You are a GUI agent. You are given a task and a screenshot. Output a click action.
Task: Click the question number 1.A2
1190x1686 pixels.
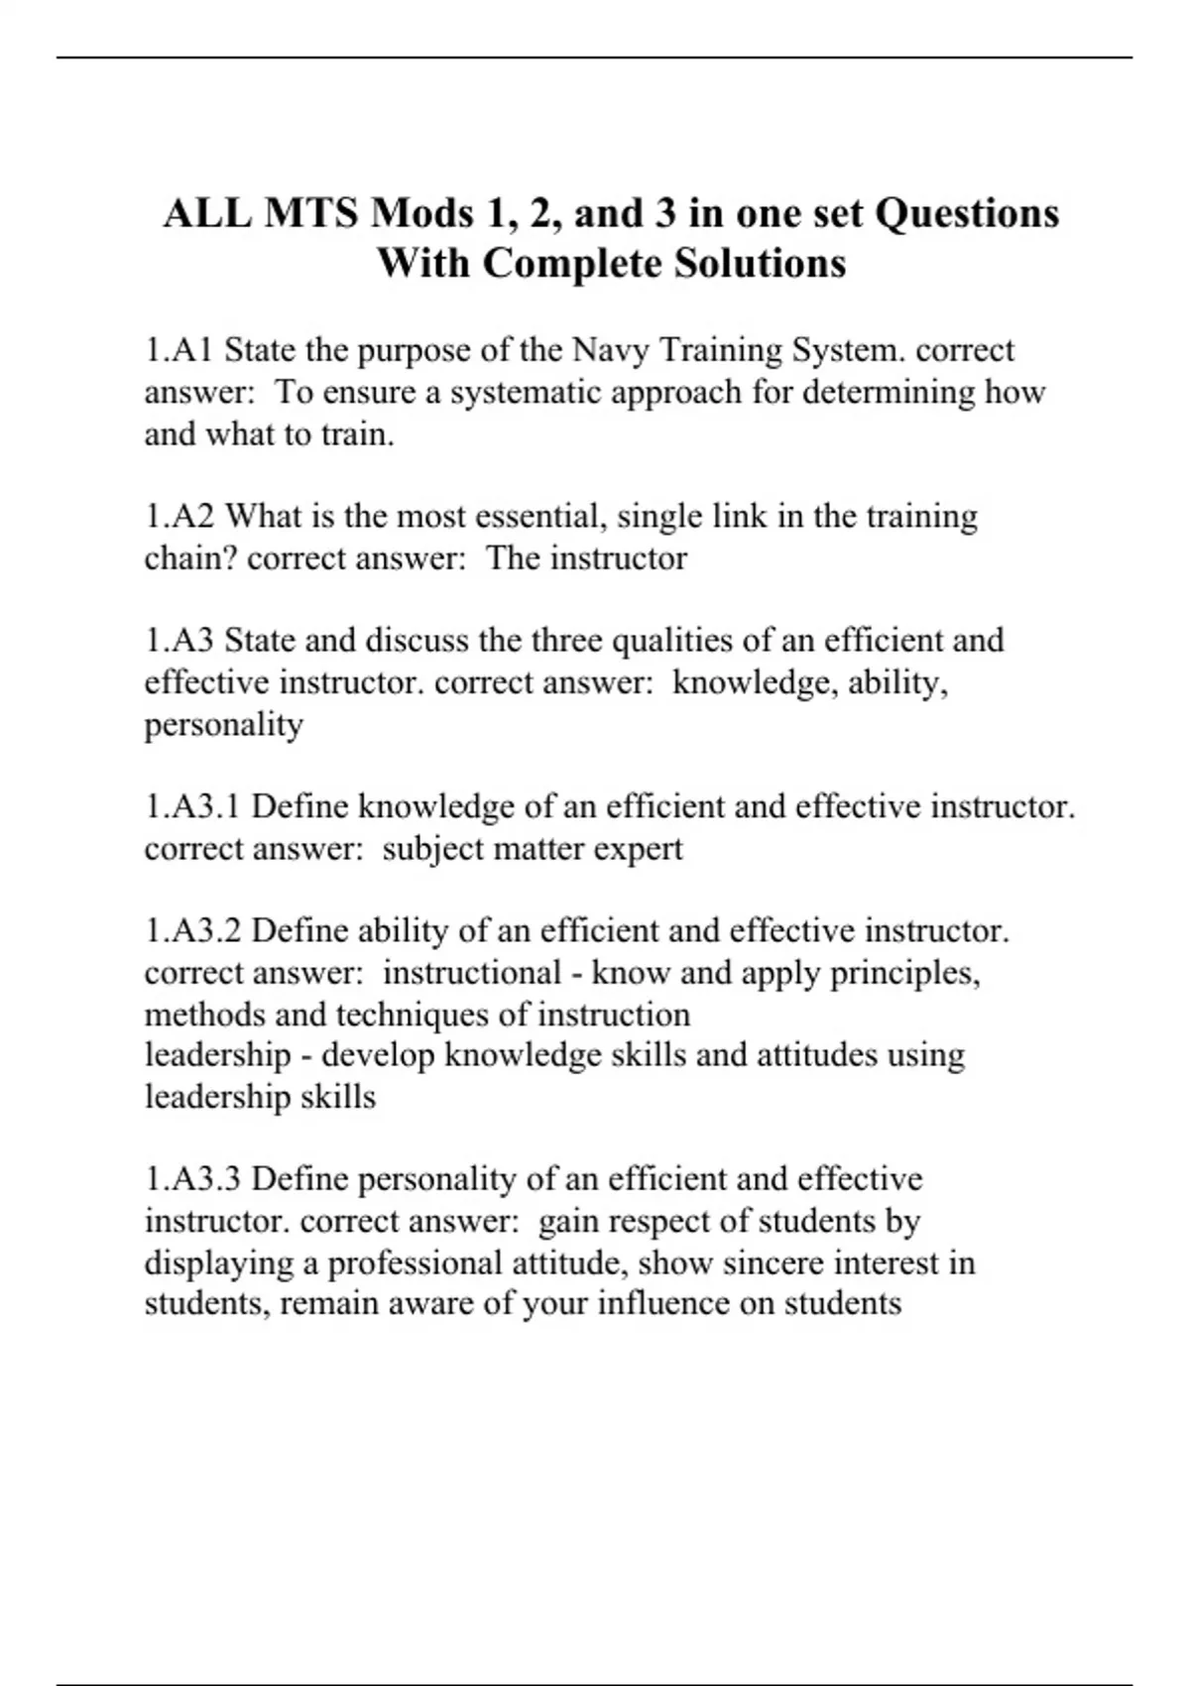pos(180,517)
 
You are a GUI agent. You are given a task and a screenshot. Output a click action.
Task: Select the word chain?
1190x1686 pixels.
pos(190,558)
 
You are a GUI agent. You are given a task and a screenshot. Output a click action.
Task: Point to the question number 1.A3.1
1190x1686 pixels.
pos(192,807)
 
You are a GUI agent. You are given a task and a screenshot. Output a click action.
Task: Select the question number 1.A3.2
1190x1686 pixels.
pos(192,931)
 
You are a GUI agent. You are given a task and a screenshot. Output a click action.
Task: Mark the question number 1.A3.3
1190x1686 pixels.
pos(192,1179)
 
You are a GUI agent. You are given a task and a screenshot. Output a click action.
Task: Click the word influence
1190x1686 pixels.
pos(664,1303)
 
